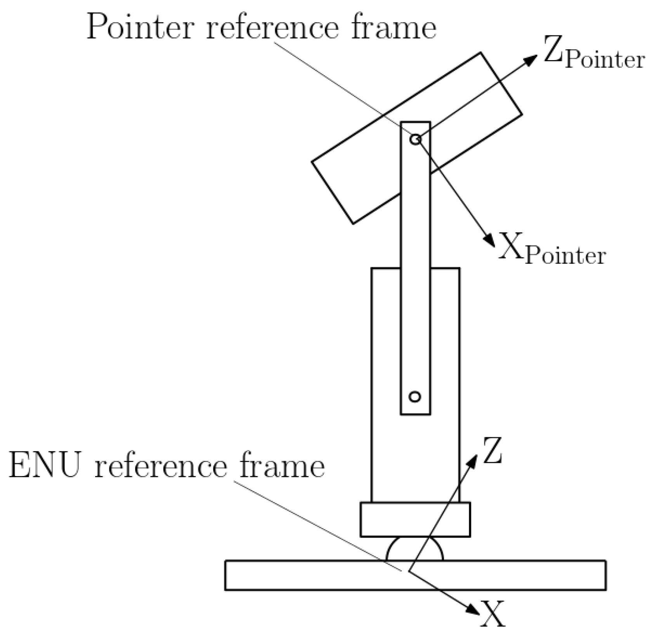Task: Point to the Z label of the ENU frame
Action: (492, 451)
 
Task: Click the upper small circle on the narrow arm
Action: (415, 139)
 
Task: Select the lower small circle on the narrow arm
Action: (415, 397)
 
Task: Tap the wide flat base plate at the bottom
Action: (311, 575)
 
